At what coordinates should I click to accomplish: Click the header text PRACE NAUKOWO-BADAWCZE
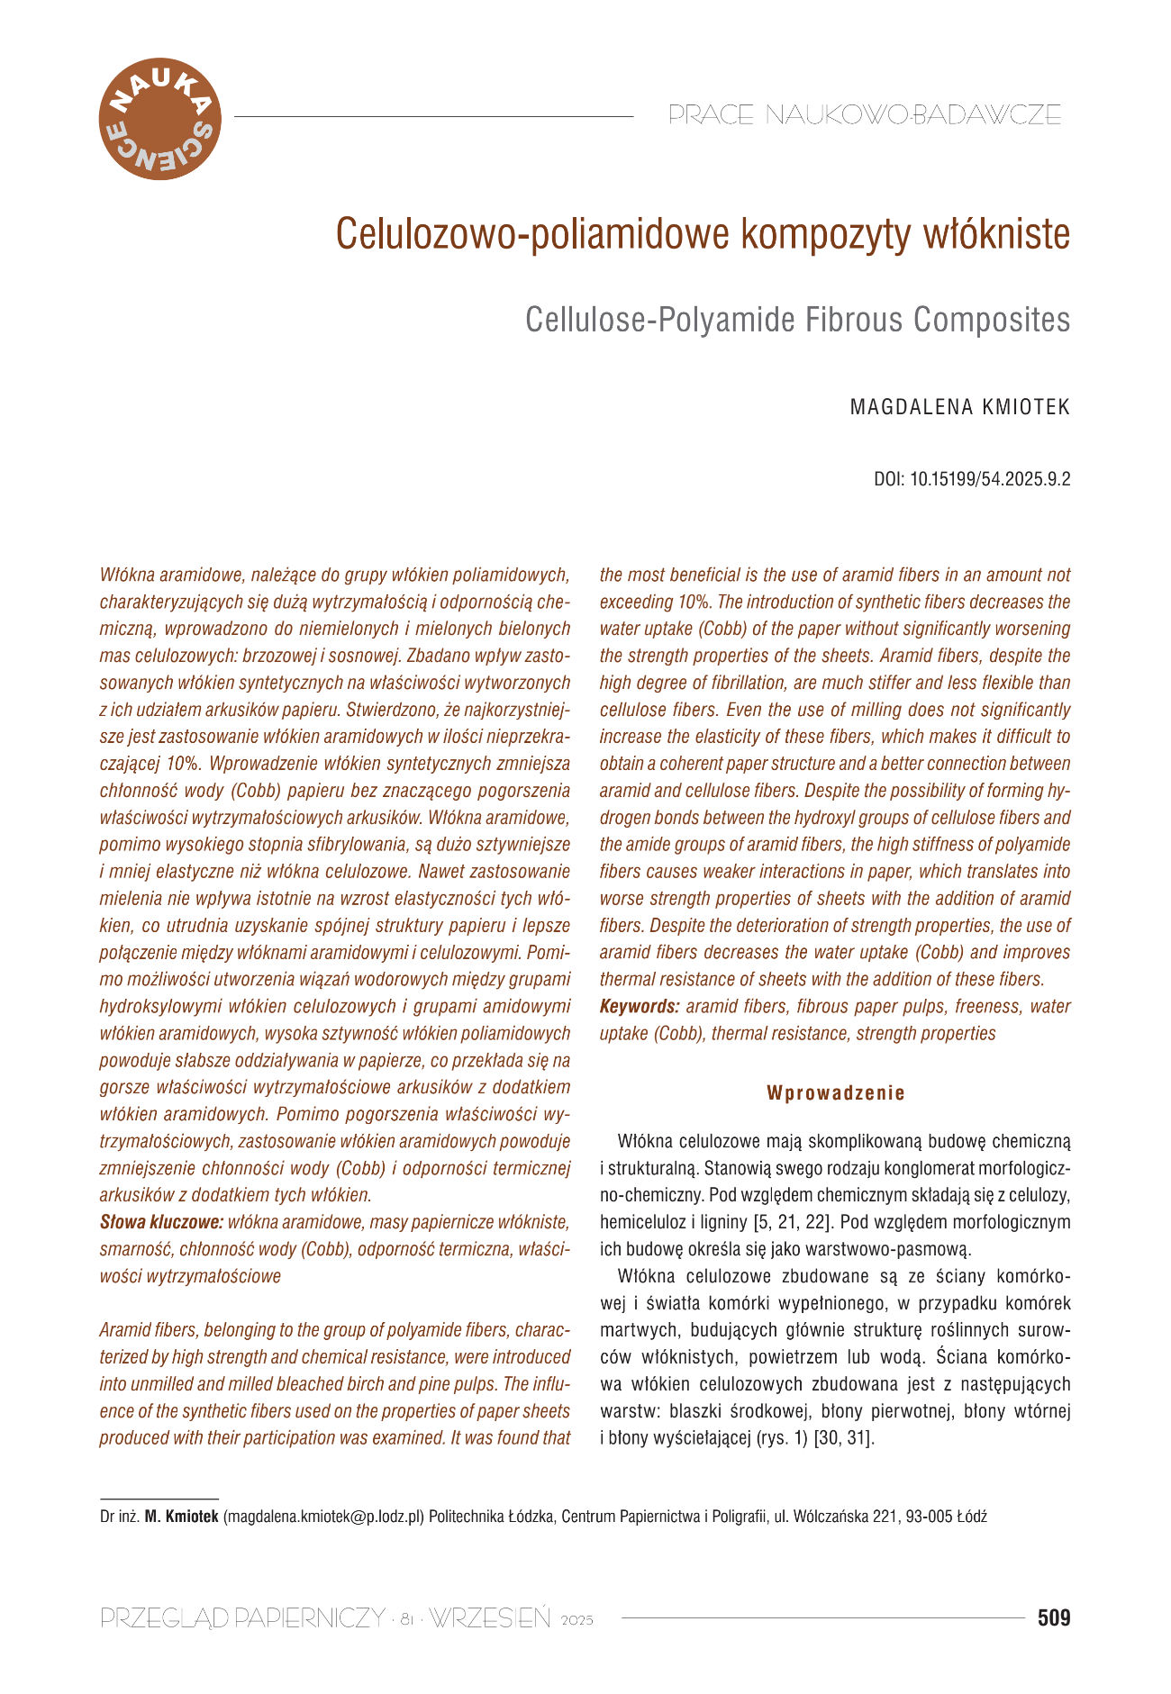click(865, 115)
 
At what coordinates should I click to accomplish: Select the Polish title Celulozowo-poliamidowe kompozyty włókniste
click(703, 234)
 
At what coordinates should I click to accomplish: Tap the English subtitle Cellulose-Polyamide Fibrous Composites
click(797, 320)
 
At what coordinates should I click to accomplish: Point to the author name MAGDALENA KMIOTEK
click(960, 407)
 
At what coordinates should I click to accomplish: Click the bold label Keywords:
click(639, 1006)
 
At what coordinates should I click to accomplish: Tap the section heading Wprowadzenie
click(836, 1093)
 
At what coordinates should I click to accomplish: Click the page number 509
click(1054, 1618)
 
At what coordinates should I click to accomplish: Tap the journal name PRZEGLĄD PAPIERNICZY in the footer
click(242, 1618)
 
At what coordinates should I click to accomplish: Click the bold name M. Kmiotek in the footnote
click(181, 1517)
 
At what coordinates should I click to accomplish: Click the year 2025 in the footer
click(577, 1621)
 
